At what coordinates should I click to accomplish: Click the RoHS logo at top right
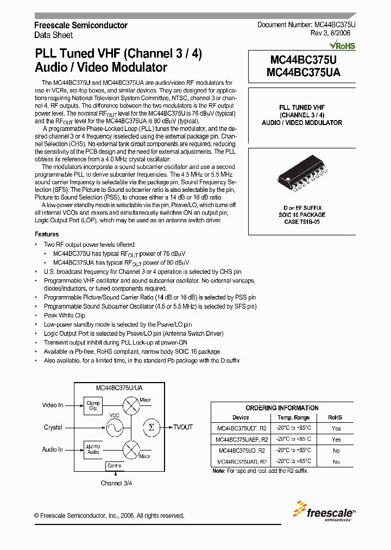[x=343, y=46]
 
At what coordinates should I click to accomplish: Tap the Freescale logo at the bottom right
[x=324, y=511]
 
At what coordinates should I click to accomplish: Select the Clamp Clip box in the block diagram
[x=93, y=405]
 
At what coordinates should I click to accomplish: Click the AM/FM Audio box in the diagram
[x=93, y=449]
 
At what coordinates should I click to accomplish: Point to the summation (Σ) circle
[x=151, y=427]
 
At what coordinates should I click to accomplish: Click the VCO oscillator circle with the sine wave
[x=115, y=428]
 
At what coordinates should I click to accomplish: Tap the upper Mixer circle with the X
[x=131, y=405]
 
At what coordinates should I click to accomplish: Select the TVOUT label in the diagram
[x=183, y=427]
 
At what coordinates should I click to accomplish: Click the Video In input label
[x=53, y=405]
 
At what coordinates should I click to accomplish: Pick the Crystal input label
[x=53, y=427]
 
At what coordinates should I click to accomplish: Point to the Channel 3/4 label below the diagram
[x=116, y=483]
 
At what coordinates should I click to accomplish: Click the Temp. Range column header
[x=293, y=417]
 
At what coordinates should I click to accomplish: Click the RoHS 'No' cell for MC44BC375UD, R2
[x=336, y=451]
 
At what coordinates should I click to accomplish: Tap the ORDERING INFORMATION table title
[x=282, y=408]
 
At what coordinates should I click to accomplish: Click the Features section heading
[x=47, y=234]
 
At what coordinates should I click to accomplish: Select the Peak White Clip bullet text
[x=64, y=315]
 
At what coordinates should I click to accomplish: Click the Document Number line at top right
[x=306, y=25]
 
